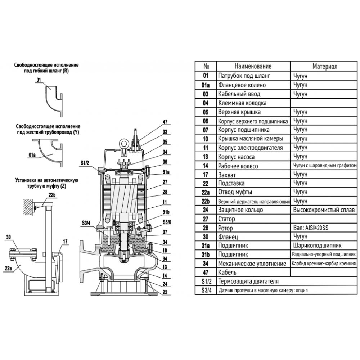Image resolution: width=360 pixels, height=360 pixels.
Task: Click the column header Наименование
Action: tap(253, 67)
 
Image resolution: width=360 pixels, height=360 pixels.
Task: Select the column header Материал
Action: tap(324, 67)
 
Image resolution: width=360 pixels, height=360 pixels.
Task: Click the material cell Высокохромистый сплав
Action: tap(324, 210)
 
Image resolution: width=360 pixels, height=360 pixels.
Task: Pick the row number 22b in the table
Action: tap(206, 201)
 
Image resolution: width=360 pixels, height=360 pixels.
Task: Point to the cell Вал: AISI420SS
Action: tap(312, 228)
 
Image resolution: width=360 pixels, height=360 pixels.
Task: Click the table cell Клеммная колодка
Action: tap(242, 103)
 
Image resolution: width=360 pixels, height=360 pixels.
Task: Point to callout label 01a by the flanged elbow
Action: tap(32, 155)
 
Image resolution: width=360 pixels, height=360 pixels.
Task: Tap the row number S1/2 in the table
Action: tap(206, 281)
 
